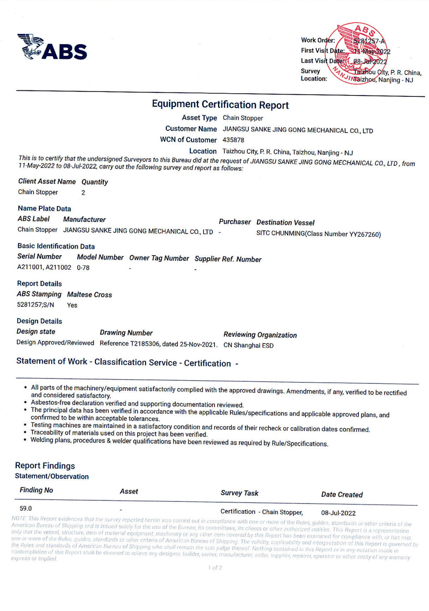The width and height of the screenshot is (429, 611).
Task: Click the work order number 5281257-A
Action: point(369,41)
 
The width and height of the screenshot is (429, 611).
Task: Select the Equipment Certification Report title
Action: point(220,105)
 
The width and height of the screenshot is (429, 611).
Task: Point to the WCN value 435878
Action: point(233,140)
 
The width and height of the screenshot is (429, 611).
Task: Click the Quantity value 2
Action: point(83,193)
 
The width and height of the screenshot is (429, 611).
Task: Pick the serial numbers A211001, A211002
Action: point(44,267)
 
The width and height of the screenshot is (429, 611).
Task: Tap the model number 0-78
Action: point(83,268)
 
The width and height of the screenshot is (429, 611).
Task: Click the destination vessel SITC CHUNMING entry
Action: point(318,234)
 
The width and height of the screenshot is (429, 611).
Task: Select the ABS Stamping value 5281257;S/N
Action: point(35,305)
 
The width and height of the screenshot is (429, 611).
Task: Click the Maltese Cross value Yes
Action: point(72,305)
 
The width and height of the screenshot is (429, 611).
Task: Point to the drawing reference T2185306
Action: point(158,344)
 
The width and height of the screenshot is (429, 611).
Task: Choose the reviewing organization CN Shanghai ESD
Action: point(248,345)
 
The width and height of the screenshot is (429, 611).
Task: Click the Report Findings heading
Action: point(45,466)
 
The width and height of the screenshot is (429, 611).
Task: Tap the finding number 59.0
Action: point(26,508)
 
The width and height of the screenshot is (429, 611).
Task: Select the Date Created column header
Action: point(342,494)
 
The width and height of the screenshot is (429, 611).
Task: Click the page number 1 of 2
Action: point(215,568)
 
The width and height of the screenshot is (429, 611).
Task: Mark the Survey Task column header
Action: point(239,493)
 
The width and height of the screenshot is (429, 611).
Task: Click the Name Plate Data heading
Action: point(44,209)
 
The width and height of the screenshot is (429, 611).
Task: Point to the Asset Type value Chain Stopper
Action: point(243,118)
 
